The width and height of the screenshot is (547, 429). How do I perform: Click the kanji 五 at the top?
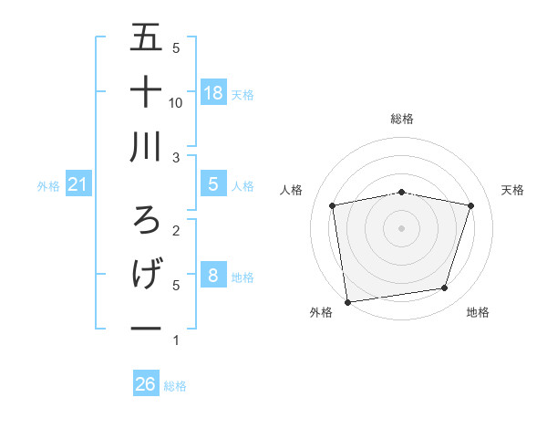pyautogui.click(x=146, y=38)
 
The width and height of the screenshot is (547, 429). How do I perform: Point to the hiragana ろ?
pyautogui.click(x=146, y=220)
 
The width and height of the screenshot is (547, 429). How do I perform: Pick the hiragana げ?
pyautogui.click(x=146, y=274)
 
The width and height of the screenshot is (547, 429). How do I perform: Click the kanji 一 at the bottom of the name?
pyautogui.click(x=146, y=328)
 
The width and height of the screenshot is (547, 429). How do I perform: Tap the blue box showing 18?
pyautogui.click(x=213, y=92)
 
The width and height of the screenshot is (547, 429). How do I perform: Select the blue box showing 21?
pyautogui.click(x=78, y=185)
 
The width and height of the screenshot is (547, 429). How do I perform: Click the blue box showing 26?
pyautogui.click(x=146, y=384)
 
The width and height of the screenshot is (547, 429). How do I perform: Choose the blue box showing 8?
pyautogui.click(x=213, y=276)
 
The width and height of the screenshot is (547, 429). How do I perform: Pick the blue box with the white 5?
pyautogui.click(x=213, y=184)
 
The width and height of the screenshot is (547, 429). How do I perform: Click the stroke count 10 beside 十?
pyautogui.click(x=176, y=103)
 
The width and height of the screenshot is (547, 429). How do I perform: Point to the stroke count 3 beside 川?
pyautogui.click(x=176, y=158)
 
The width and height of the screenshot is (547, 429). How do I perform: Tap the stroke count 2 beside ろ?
pyautogui.click(x=176, y=231)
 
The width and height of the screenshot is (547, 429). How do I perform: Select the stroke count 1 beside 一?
pyautogui.click(x=176, y=340)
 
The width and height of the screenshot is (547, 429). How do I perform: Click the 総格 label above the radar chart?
pyautogui.click(x=402, y=119)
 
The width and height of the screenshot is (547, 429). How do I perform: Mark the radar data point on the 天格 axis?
pyautogui.click(x=470, y=205)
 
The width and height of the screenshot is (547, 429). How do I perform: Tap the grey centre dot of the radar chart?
pyautogui.click(x=402, y=227)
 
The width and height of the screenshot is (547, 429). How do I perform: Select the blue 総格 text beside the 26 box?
pyautogui.click(x=175, y=386)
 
